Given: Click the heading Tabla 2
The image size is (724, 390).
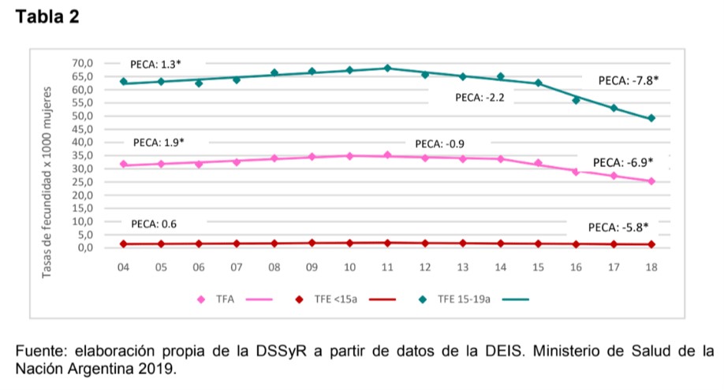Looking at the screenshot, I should pos(47,17).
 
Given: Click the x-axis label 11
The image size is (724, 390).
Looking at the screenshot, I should pos(387,268).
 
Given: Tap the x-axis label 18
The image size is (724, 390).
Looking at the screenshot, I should pos(651,268).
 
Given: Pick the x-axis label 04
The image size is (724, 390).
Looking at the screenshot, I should pos(123,268).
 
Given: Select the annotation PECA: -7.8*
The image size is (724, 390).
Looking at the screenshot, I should pos(628,80).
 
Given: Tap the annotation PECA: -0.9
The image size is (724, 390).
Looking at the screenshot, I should pos(439,144).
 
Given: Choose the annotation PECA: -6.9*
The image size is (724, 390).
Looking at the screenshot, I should pos(623,162).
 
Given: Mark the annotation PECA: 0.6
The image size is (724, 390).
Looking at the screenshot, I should pos(154,225).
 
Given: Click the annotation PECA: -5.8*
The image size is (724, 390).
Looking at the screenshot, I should pos(618,227).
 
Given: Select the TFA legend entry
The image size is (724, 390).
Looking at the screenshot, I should pos(226,299).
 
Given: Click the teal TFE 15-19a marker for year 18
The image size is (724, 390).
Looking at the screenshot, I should pos(651,118).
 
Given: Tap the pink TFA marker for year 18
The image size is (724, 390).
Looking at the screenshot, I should pos(651,181).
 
